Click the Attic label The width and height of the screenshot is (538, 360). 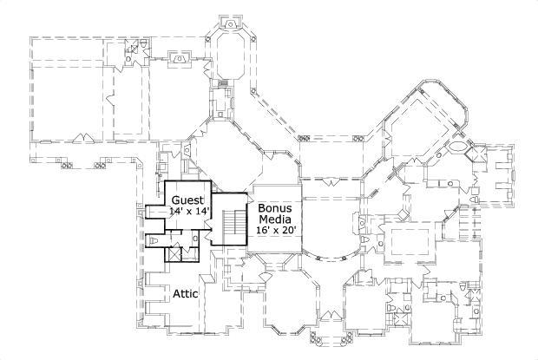[x=185, y=294]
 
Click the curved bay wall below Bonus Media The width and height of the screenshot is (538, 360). [x=330, y=255]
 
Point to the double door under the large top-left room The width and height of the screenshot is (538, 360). [x=82, y=137]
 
